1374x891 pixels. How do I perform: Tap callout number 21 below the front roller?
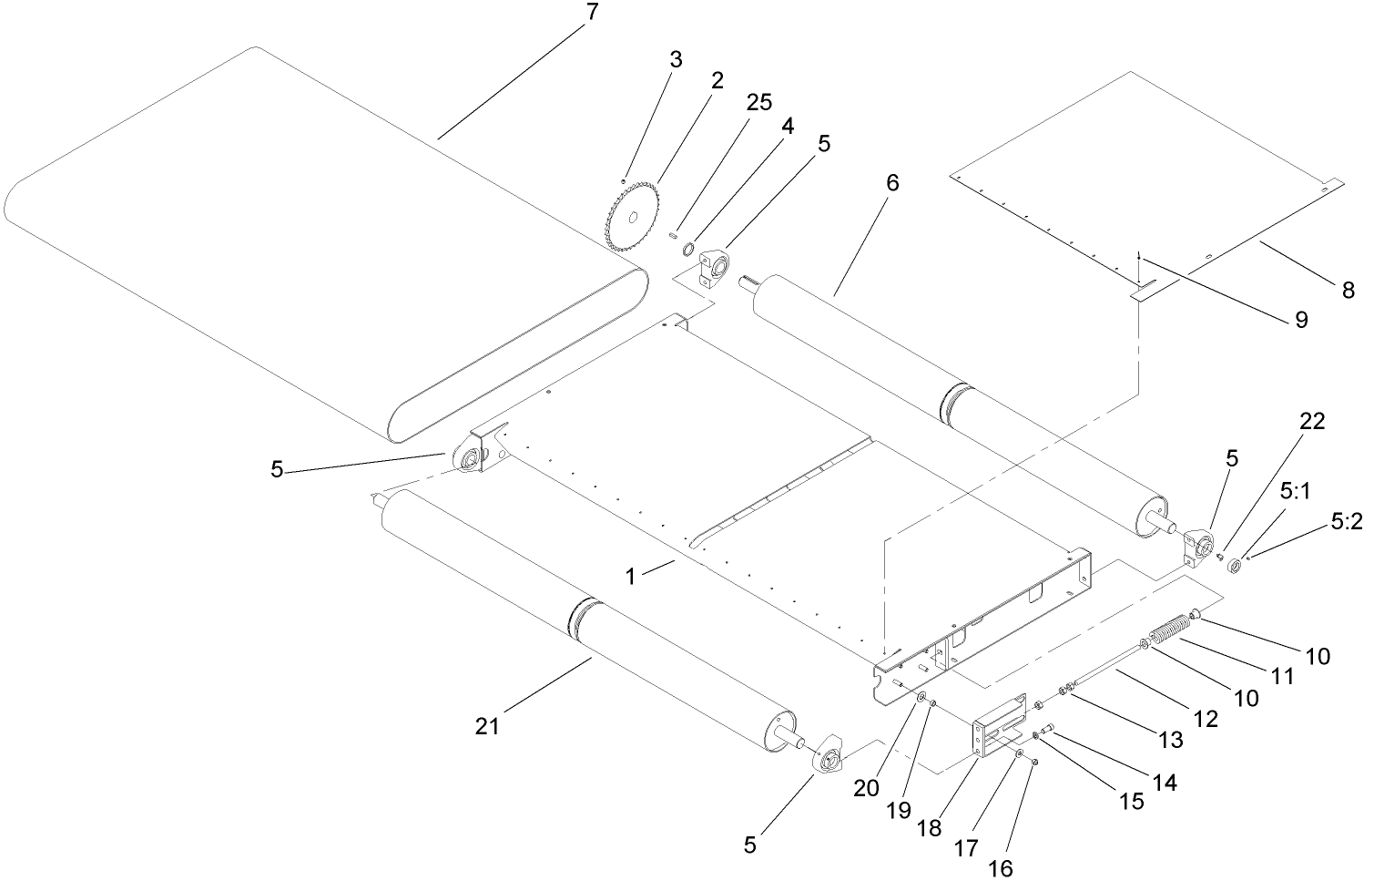[x=487, y=726]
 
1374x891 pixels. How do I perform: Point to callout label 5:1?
[x=1295, y=492]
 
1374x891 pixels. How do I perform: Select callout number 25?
[x=759, y=103]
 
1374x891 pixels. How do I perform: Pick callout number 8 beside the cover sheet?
[x=1348, y=292]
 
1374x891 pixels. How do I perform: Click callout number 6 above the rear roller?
[x=891, y=183]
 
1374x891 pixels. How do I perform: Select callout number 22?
[x=1312, y=421]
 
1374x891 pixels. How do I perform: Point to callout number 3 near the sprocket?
[x=675, y=60]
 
